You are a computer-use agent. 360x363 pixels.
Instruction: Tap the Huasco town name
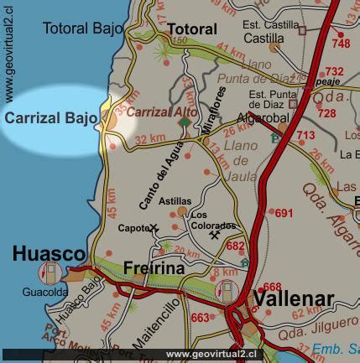(x=49, y=253)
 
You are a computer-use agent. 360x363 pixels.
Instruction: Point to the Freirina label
(x=155, y=268)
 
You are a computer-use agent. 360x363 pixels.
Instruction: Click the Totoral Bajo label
(x=81, y=29)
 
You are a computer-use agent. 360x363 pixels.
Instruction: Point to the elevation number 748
(x=341, y=44)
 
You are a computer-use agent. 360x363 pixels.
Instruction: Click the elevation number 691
(x=284, y=213)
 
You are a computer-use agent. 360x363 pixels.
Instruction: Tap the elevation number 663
(x=201, y=318)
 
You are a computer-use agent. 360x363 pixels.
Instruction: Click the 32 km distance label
(x=150, y=139)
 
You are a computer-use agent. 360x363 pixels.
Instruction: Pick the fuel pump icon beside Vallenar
(x=228, y=288)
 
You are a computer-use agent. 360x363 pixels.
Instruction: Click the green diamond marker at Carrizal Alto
(x=185, y=122)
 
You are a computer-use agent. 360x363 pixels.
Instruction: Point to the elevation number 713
(x=305, y=136)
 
